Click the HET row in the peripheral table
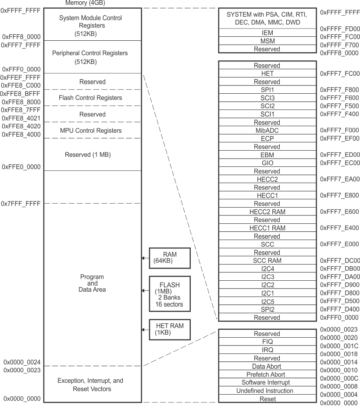[267, 74]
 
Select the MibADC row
[267, 131]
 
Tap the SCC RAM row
[267, 261]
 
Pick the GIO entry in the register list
[267, 163]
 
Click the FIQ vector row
[267, 342]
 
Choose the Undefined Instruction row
[267, 391]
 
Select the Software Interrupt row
[267, 383]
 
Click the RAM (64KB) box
[170, 258]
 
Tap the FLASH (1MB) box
[170, 292]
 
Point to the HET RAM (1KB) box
[170, 329]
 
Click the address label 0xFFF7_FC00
[340, 74]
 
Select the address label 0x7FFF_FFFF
[21, 204]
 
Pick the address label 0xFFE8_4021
[21, 118]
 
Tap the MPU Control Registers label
[90, 131]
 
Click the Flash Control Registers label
[90, 98]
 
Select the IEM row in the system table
[267, 33]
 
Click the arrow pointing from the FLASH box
[144, 290]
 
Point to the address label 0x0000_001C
[339, 346]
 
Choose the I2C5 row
[267, 301]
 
